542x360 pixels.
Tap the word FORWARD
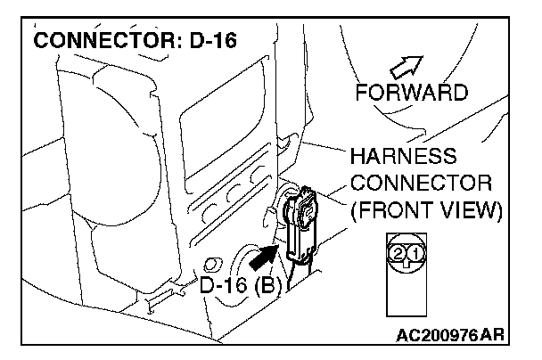tap(411, 93)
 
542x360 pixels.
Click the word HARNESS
tap(403, 159)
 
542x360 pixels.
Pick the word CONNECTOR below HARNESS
tap(422, 184)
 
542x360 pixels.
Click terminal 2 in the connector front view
tap(397, 253)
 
